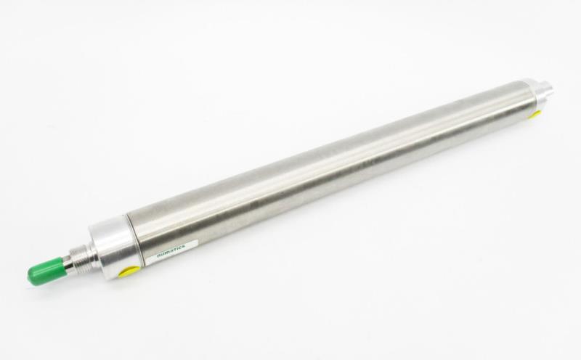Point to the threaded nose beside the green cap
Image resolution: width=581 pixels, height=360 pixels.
[x=81, y=257]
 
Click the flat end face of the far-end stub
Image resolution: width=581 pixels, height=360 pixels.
[x=550, y=89]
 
